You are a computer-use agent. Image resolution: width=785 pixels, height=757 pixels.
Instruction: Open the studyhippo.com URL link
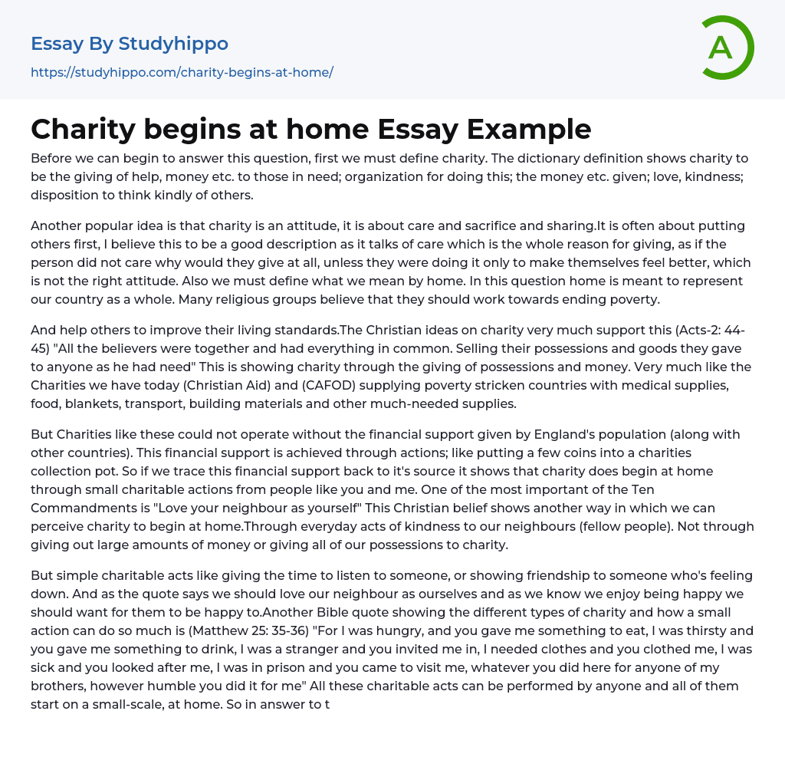tap(182, 72)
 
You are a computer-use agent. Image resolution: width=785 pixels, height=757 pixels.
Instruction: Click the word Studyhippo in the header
tap(173, 44)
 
